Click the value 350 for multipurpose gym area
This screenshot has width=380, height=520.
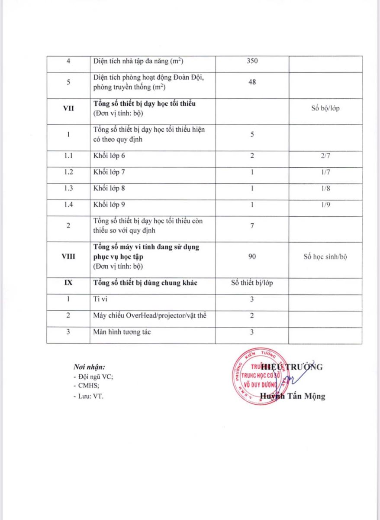(252, 61)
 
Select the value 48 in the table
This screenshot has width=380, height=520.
(252, 81)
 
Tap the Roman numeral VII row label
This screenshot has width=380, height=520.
(68, 108)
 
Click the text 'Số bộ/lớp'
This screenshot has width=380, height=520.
(325, 108)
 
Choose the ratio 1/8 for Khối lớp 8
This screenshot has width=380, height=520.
(325, 188)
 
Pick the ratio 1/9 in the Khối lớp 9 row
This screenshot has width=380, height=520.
(325, 205)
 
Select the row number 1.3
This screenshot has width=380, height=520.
(68, 188)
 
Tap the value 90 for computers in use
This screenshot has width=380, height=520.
(252, 257)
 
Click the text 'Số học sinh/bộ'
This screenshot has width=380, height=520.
(325, 257)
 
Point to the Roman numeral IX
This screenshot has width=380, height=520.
(68, 283)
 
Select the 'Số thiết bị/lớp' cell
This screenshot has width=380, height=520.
(252, 283)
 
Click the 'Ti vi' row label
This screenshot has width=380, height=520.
(100, 299)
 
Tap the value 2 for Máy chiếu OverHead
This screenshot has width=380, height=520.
(252, 316)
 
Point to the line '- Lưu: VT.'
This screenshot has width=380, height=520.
(89, 396)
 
